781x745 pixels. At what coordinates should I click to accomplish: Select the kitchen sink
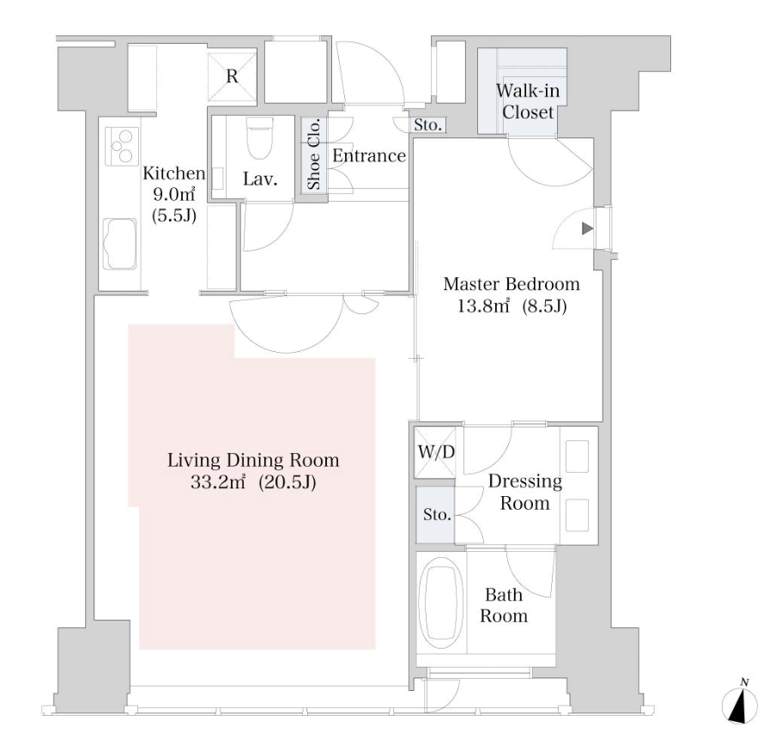[x=119, y=244]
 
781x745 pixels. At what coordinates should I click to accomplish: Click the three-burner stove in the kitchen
[x=122, y=147]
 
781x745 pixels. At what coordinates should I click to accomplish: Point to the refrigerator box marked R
[x=232, y=76]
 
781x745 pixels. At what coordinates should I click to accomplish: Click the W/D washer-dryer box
[x=435, y=452]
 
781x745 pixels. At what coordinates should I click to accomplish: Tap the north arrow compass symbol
[x=740, y=704]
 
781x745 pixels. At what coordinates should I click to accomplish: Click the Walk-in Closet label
[x=528, y=101]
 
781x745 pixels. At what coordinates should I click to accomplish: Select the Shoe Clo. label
[x=313, y=154]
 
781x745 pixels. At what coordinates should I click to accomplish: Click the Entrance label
[x=368, y=156]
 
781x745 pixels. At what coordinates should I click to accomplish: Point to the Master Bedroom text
[x=512, y=284]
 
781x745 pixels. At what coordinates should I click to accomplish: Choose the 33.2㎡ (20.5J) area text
[x=253, y=482]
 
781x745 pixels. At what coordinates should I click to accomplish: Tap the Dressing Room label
[x=525, y=492]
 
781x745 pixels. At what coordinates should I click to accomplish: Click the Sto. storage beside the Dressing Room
[x=436, y=514]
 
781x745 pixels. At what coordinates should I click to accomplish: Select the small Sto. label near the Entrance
[x=427, y=124]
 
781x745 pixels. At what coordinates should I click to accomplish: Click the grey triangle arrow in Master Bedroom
[x=588, y=228]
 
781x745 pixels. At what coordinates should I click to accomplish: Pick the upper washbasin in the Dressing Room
[x=578, y=456]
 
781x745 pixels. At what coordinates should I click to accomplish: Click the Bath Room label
[x=504, y=605]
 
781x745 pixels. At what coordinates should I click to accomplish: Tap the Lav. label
[x=260, y=179]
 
